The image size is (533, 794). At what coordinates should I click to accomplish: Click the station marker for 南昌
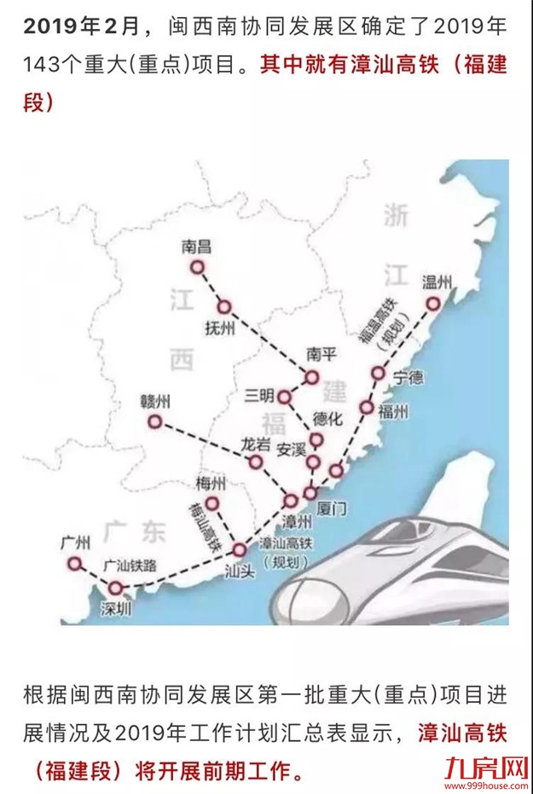(198, 267)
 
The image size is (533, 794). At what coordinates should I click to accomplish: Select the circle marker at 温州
(433, 304)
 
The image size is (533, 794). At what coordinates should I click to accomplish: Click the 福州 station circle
(367, 408)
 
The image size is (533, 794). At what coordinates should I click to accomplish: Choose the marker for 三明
(285, 397)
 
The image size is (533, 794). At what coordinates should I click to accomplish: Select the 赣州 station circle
(154, 421)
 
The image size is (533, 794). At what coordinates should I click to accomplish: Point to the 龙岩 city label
(254, 443)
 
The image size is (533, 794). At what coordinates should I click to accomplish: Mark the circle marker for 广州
(75, 563)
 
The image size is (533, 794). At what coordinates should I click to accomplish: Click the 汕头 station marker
(239, 550)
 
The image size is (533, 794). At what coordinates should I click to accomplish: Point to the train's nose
(294, 597)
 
